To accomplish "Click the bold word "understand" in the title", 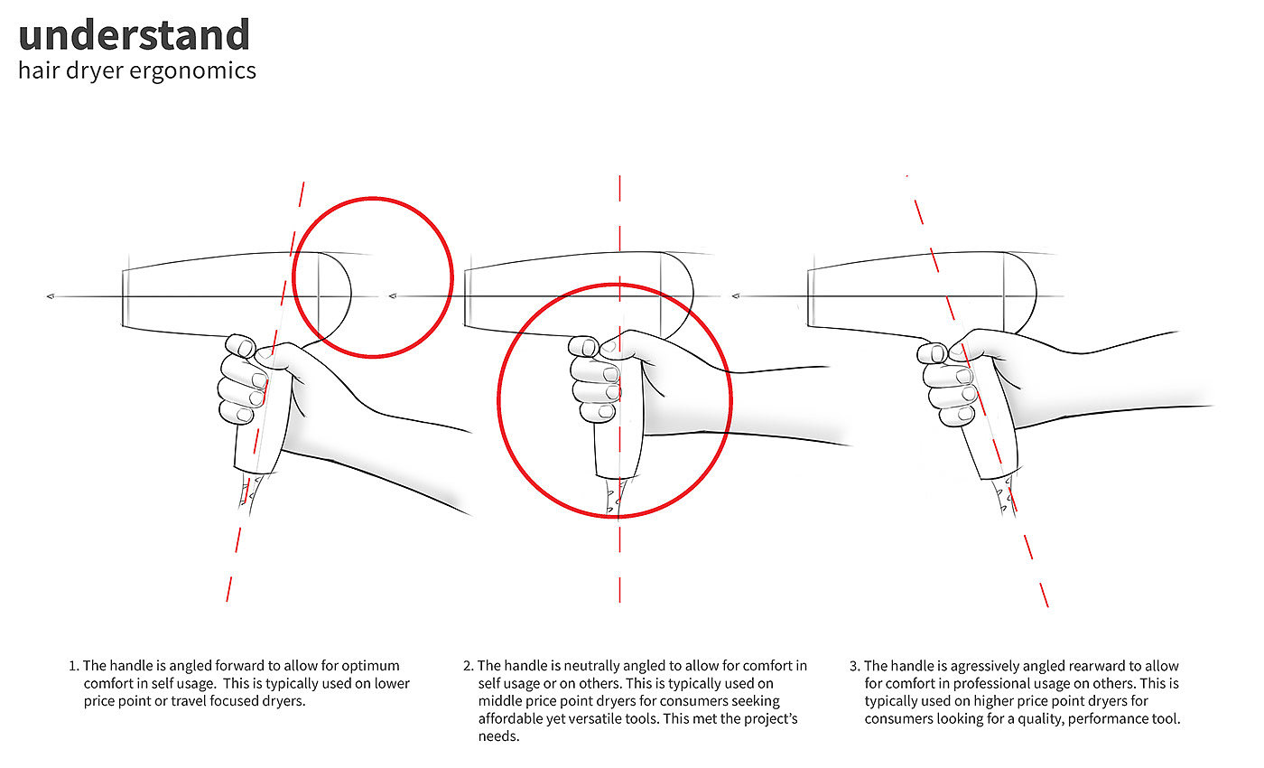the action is pos(134,35).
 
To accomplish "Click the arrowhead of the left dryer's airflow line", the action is pos(51,296).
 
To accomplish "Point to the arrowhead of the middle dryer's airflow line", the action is pos(393,295).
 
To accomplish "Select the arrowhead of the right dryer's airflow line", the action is pos(736,295).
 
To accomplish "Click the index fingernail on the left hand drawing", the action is pos(246,348).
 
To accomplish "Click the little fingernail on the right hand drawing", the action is pos(965,414).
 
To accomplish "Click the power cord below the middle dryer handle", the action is pos(613,496).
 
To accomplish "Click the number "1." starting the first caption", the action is pos(74,667).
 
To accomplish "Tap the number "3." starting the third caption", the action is pos(855,667).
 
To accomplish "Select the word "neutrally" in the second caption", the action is pos(592,667).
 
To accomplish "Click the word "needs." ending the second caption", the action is pos(498,737).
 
